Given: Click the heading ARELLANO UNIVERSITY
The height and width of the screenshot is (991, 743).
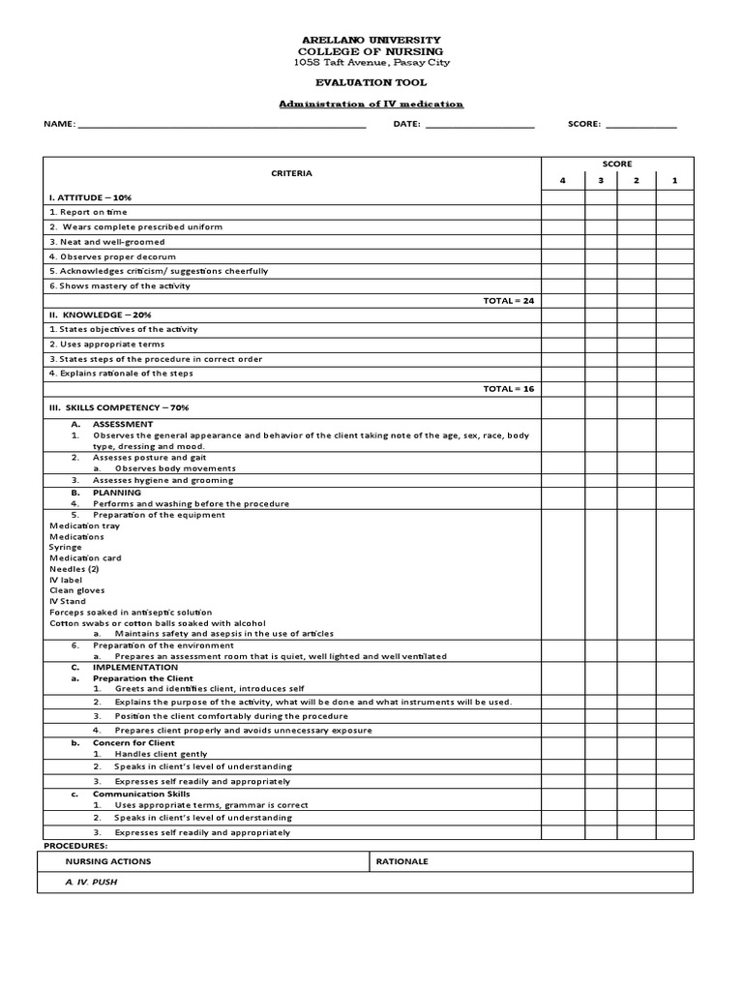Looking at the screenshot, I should pos(371,40).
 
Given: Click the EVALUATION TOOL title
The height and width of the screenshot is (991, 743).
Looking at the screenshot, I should pos(371,83).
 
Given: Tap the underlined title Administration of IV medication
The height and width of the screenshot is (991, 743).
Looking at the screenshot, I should pos(371,104).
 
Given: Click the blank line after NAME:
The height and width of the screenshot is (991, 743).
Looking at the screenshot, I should pos(222,125).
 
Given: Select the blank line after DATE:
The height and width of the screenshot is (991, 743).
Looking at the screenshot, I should pos(479,125).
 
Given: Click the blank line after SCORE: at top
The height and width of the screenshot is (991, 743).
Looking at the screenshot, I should pos(640,125).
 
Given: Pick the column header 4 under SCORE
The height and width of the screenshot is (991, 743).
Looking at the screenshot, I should pos(562,181).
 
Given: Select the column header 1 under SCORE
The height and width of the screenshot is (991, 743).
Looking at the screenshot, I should pos(674,181).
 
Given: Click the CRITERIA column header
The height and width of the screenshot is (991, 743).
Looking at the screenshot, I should pos(291,173).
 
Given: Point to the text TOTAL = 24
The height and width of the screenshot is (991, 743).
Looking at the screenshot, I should pos(508,301).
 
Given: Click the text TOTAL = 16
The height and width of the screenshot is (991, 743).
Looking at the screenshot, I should pos(508,389).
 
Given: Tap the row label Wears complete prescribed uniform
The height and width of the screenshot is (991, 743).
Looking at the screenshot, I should pos(135,227).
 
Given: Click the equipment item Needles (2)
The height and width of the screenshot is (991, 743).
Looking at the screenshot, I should pos(74,569).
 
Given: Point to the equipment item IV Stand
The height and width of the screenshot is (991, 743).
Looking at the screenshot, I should pos(68,601).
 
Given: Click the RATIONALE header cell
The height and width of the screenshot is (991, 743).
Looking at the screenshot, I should pos(401,861).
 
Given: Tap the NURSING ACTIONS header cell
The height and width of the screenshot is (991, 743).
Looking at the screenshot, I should pos(107,861).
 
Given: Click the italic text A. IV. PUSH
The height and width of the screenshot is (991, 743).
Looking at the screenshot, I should pos(91,883).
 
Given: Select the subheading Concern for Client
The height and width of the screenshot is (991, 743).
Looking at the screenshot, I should pos(134,742).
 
